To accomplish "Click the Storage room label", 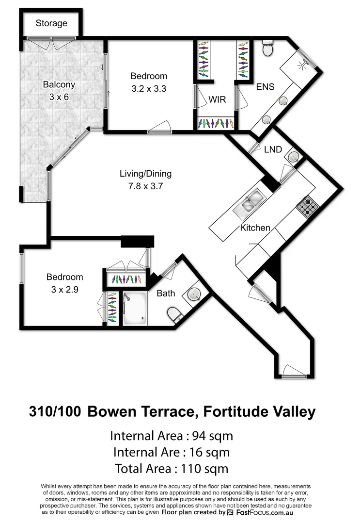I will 51,23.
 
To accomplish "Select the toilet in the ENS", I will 267,49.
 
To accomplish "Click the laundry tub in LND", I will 293,157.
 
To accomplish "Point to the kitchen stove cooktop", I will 307,208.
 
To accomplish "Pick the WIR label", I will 216,100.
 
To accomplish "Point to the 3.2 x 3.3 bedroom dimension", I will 149,89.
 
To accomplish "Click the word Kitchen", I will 255,228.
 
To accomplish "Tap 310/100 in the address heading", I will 56,412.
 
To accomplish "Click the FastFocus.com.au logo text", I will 264,512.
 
